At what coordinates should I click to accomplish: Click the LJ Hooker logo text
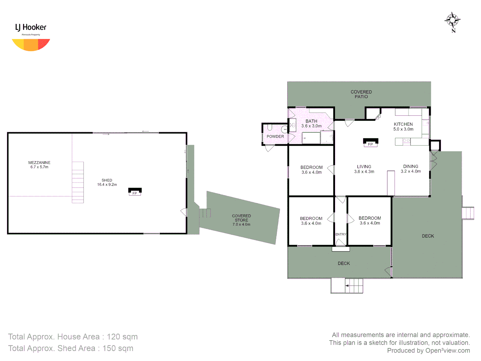[31, 27]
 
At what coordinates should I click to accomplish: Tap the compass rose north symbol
[452, 21]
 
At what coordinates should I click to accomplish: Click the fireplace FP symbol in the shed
[135, 192]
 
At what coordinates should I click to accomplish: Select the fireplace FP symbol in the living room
[370, 142]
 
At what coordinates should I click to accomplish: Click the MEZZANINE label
[39, 163]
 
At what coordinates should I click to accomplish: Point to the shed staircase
[78, 183]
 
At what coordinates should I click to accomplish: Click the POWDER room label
[275, 136]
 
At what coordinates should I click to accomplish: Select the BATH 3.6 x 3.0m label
[311, 124]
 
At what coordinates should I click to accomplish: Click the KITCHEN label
[403, 124]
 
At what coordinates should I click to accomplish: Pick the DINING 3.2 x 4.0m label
[411, 169]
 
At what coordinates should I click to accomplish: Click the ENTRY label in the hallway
[341, 234]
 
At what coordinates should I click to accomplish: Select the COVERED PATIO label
[361, 94]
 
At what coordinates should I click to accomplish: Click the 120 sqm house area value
[122, 337]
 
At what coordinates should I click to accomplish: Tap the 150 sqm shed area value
[118, 348]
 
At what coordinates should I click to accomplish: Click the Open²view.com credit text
[447, 350]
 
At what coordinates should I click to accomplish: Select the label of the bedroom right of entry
[370, 220]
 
